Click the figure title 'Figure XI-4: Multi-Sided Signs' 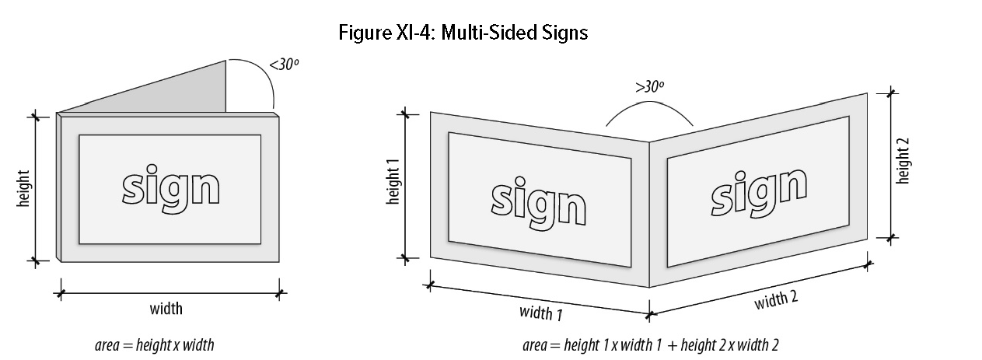click(x=463, y=33)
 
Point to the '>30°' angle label click(x=649, y=87)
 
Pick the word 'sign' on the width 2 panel click(x=757, y=190)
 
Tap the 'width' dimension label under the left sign click(x=166, y=309)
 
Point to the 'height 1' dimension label click(x=393, y=183)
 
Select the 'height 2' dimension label click(x=903, y=161)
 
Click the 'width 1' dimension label click(x=541, y=313)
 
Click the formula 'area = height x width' click(x=154, y=344)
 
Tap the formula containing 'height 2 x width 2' click(x=651, y=344)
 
